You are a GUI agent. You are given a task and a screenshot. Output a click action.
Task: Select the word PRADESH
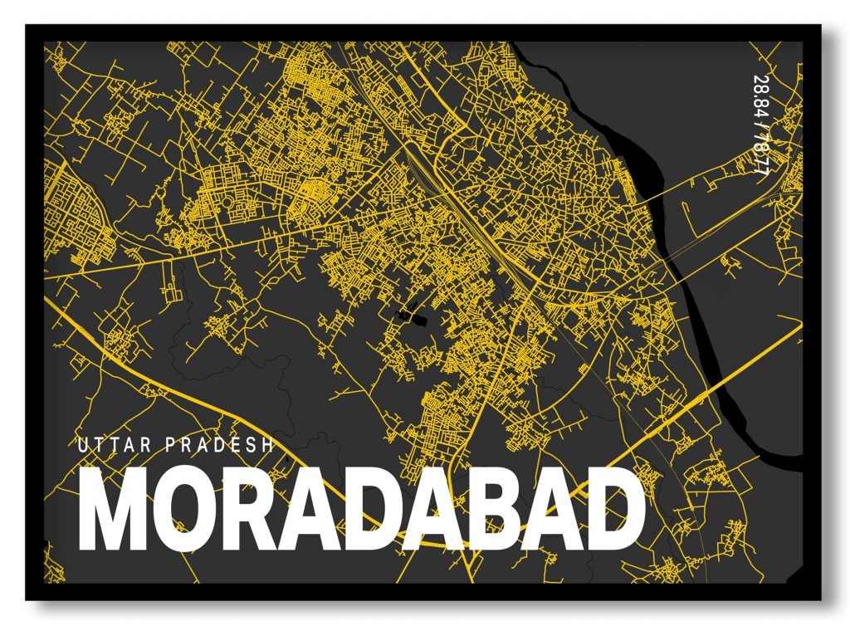coord(220,445)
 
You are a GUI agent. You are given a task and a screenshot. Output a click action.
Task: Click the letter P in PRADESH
coord(172,445)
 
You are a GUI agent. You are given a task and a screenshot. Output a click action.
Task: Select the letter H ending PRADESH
coord(267,445)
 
